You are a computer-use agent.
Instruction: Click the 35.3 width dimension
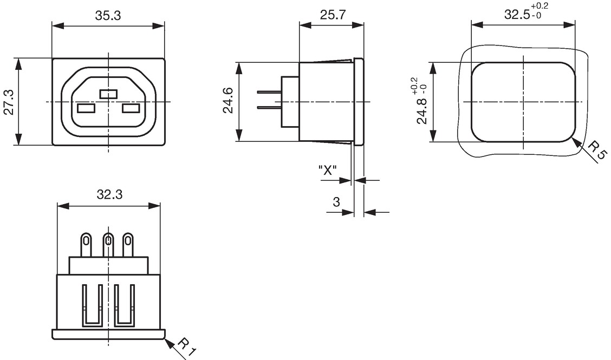pyautogui.click(x=108, y=16)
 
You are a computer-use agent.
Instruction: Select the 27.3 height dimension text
pyautogui.click(x=9, y=102)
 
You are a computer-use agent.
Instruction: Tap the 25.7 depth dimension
pyautogui.click(x=333, y=15)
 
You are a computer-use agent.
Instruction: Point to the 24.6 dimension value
pyautogui.click(x=228, y=101)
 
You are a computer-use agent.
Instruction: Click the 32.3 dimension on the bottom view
pyautogui.click(x=109, y=194)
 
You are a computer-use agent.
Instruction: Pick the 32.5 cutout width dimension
pyautogui.click(x=526, y=12)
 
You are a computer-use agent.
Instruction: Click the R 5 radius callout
pyautogui.click(x=596, y=151)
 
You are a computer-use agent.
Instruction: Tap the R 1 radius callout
pyautogui.click(x=186, y=348)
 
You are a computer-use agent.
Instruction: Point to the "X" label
pyautogui.click(x=327, y=170)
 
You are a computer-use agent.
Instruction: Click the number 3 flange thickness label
pyautogui.click(x=336, y=202)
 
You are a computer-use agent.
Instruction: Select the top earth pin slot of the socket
pyautogui.click(x=108, y=94)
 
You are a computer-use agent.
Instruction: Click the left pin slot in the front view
pyautogui.click(x=86, y=108)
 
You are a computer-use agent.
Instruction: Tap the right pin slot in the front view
pyautogui.click(x=131, y=108)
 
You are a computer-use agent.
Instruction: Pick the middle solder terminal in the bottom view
pyautogui.click(x=108, y=245)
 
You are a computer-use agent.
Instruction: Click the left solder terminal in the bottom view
pyautogui.click(x=86, y=245)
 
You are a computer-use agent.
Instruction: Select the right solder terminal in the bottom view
pyautogui.click(x=128, y=245)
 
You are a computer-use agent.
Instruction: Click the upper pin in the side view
pyautogui.click(x=269, y=92)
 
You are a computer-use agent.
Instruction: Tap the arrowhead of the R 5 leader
pyautogui.click(x=576, y=141)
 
